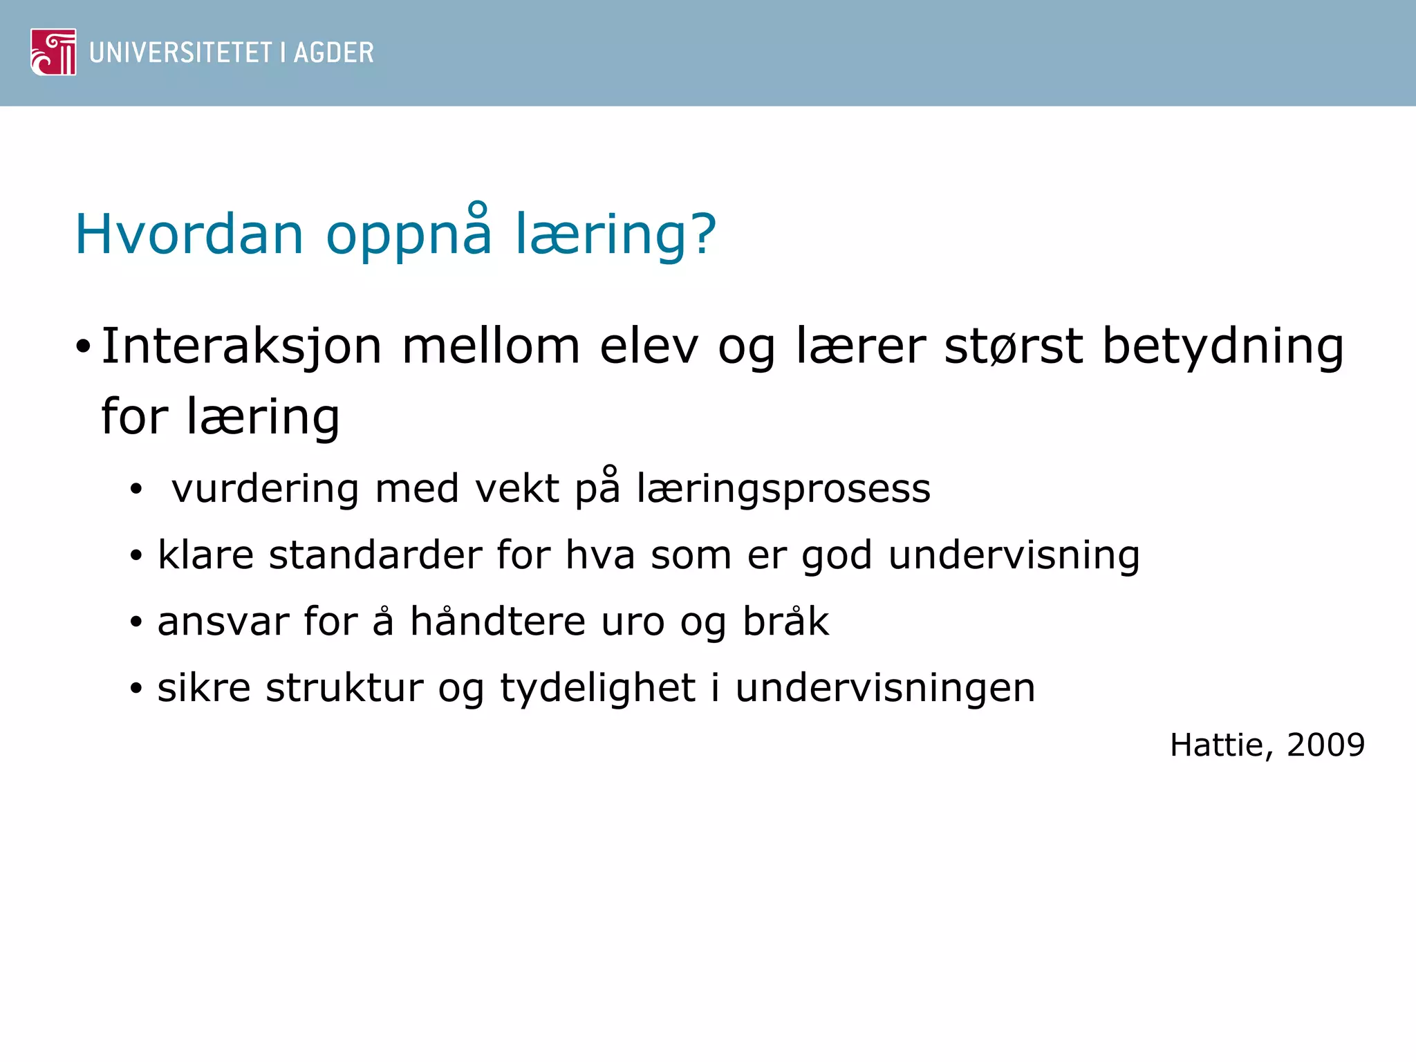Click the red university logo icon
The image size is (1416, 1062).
point(53,52)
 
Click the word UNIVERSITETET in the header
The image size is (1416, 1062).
point(180,53)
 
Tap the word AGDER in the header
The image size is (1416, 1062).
point(333,53)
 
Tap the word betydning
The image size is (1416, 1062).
point(1222,347)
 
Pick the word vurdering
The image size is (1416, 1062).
point(265,490)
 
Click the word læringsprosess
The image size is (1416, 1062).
point(783,490)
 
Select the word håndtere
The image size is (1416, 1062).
point(498,622)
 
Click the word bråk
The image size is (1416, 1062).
point(785,622)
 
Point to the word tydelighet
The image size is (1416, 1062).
point(597,689)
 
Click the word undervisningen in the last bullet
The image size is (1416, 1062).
point(885,689)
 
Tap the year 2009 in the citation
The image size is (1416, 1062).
point(1325,745)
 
